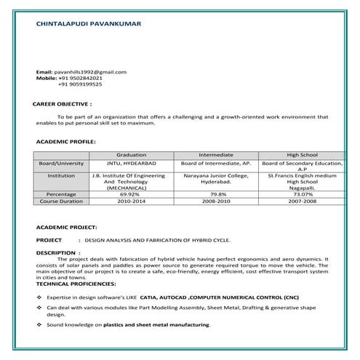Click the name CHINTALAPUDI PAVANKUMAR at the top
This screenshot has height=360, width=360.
(x=89, y=24)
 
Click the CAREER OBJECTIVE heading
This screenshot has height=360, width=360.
(x=63, y=105)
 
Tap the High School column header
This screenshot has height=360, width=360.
(x=302, y=156)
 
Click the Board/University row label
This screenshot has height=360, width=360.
(x=61, y=164)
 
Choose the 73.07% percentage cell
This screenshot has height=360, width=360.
(x=303, y=194)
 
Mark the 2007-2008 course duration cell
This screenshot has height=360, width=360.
(x=303, y=201)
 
